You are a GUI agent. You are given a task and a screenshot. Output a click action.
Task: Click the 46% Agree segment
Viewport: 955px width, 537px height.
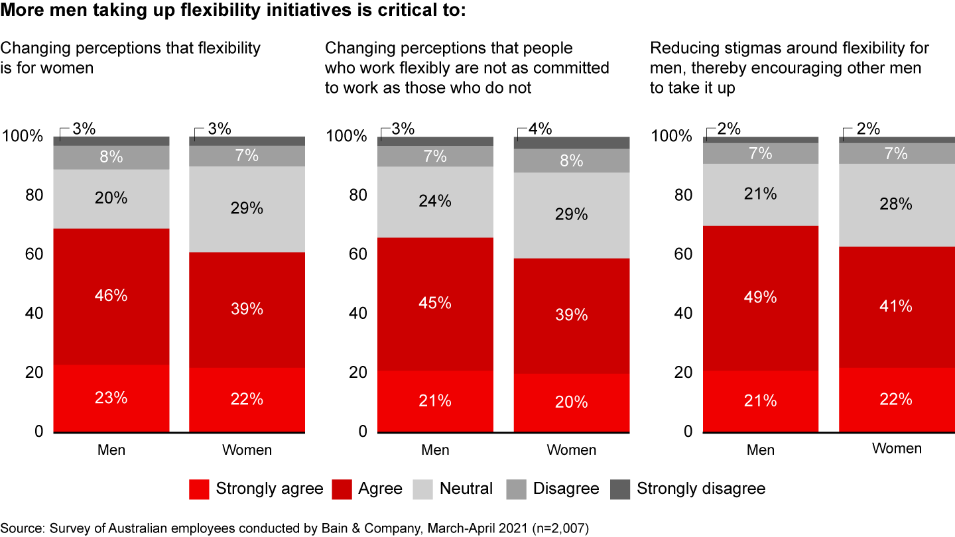point(111,296)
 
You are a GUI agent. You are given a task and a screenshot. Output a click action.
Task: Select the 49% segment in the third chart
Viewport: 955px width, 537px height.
point(761,298)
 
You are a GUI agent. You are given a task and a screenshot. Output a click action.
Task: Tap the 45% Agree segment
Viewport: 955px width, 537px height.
point(436,303)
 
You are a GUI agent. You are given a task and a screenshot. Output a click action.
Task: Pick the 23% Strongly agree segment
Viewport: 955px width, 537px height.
point(111,398)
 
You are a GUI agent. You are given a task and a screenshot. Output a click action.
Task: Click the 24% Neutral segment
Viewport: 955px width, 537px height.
point(436,202)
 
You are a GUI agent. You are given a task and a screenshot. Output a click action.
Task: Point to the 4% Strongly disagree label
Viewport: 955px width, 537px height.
point(540,129)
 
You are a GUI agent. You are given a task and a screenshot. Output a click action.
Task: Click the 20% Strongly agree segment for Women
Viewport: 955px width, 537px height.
point(572,402)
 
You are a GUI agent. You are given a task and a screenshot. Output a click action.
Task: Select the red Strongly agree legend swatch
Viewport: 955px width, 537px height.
point(199,489)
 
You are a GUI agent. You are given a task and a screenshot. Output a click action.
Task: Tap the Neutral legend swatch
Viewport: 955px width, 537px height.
point(423,489)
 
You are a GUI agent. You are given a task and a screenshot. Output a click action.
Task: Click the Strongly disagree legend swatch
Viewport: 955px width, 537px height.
point(620,489)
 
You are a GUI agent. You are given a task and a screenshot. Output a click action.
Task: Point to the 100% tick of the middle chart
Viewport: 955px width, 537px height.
point(347,137)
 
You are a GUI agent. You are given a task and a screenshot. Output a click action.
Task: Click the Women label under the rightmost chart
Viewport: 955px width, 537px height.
point(897,449)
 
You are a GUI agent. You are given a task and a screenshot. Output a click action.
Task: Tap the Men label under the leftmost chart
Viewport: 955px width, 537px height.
point(111,450)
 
